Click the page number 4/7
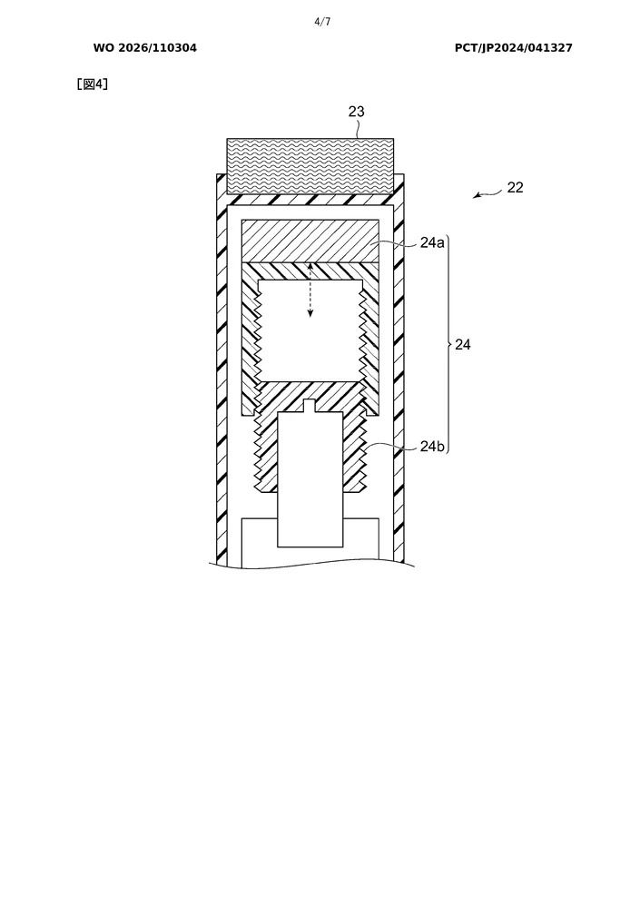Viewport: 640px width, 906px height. [322, 22]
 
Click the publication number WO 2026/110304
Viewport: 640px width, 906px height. [145, 48]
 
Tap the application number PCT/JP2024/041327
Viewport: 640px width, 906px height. [514, 48]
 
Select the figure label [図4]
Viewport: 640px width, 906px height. [93, 84]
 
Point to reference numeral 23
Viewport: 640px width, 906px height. [357, 112]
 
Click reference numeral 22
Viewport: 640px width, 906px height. [516, 187]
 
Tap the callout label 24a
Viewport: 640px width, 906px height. [432, 242]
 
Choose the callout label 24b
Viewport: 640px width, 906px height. [433, 446]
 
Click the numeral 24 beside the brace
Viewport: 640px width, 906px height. [463, 345]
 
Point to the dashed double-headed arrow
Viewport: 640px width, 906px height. [310, 290]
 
